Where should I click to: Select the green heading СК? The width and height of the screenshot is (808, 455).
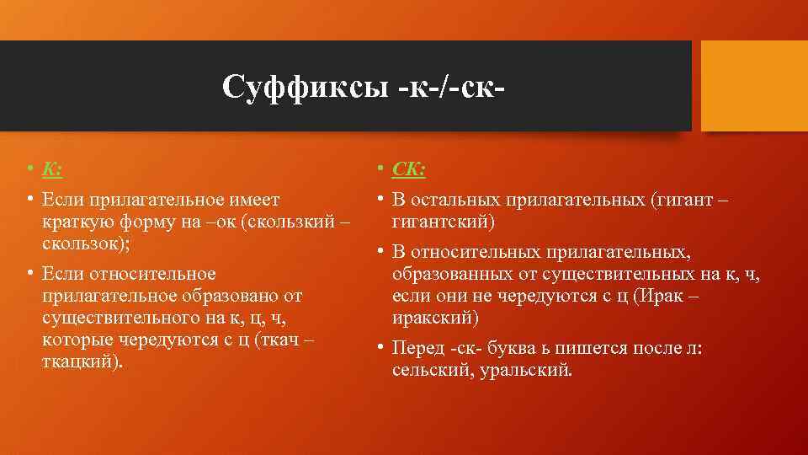[409, 170]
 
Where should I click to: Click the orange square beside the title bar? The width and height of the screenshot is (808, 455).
[754, 86]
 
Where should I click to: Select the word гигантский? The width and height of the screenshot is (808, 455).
[443, 222]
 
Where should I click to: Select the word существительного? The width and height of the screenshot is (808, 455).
[116, 318]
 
